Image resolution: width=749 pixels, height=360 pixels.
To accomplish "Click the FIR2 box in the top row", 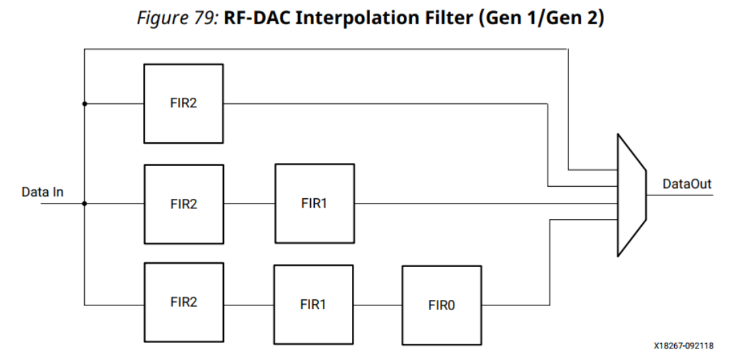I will [183, 104].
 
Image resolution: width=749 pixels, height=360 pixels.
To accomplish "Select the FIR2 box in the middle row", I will [183, 204].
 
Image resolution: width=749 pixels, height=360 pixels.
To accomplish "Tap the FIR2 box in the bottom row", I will [183, 303].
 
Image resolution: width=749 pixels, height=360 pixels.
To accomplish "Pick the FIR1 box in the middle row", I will [314, 203].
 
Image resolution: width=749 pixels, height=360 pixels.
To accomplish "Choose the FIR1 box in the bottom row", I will [313, 304].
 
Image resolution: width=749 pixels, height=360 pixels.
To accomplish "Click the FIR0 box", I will [442, 305].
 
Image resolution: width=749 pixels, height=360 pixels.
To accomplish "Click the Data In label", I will [42, 192].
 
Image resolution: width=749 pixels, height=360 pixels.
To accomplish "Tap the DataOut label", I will [686, 184].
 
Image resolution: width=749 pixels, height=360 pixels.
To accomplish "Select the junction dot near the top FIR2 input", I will [84, 104].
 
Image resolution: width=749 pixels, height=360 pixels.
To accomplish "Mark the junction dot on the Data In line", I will [84, 203].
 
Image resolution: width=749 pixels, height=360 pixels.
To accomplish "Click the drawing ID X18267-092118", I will [683, 346].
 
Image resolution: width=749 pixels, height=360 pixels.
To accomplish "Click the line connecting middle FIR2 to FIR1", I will [249, 203].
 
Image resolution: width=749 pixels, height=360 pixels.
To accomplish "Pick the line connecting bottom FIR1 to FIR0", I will [378, 304].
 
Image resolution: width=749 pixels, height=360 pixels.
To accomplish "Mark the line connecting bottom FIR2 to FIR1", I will [248, 304].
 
